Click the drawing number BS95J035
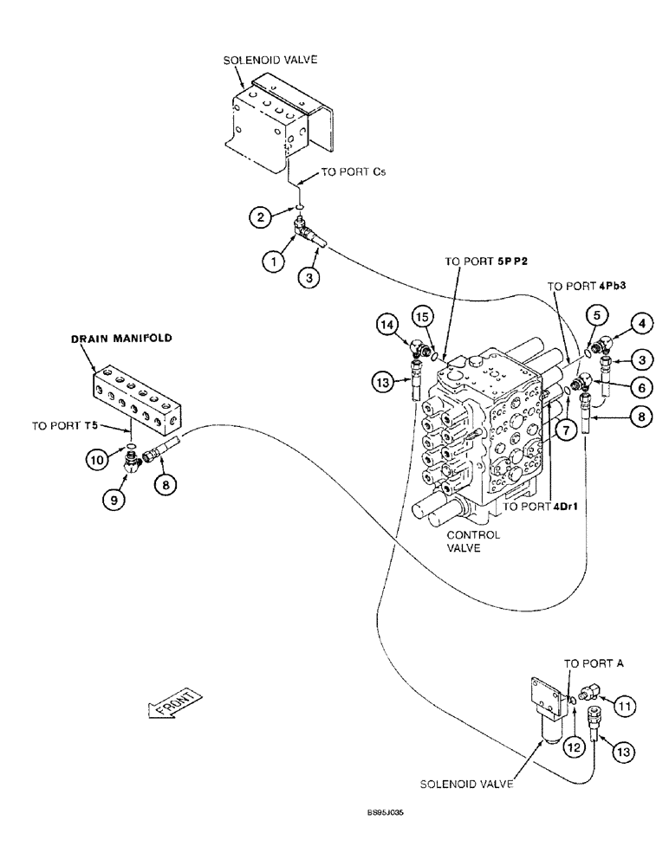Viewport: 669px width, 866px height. click(x=386, y=814)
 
